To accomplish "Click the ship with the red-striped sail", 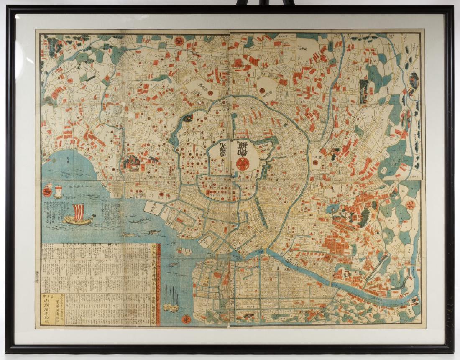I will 78,215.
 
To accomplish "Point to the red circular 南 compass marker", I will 47,192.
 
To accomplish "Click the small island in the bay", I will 184,251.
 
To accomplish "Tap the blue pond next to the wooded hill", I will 333,208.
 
